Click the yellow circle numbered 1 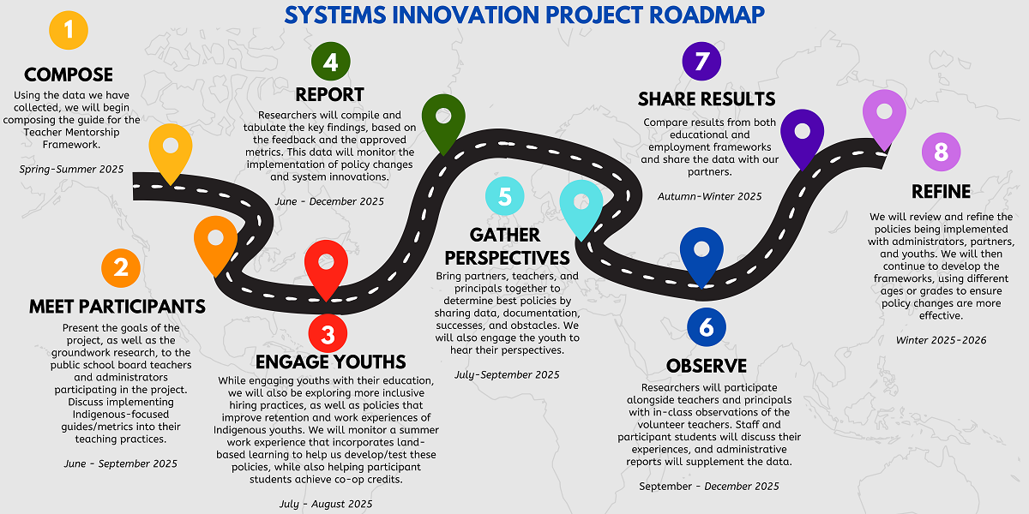69,30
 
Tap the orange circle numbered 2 121,268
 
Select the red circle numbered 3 328,333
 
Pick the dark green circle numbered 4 331,62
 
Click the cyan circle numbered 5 505,196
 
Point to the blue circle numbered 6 707,327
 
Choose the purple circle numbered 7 701,61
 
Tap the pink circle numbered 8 942,152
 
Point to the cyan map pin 581,206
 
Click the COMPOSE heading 69,75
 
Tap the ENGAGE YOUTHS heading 331,362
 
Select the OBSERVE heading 707,367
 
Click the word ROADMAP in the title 707,15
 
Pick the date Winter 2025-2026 942,341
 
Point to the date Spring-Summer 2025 71,170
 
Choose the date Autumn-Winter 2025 710,196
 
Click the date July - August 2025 326,504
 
